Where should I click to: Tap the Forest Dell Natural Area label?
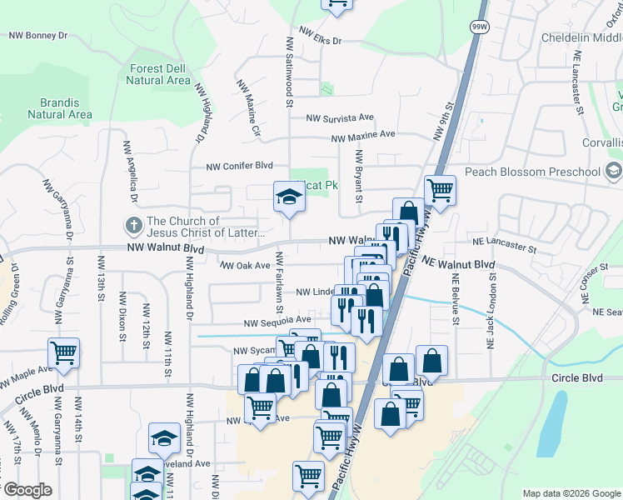159,74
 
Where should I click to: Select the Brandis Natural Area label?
59,108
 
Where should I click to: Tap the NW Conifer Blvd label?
240,166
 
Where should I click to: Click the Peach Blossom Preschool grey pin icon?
614,172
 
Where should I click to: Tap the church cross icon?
133,226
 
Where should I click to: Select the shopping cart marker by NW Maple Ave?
64,353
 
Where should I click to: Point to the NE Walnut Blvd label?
458,263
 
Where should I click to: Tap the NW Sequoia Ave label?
277,321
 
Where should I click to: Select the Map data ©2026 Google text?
571,493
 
